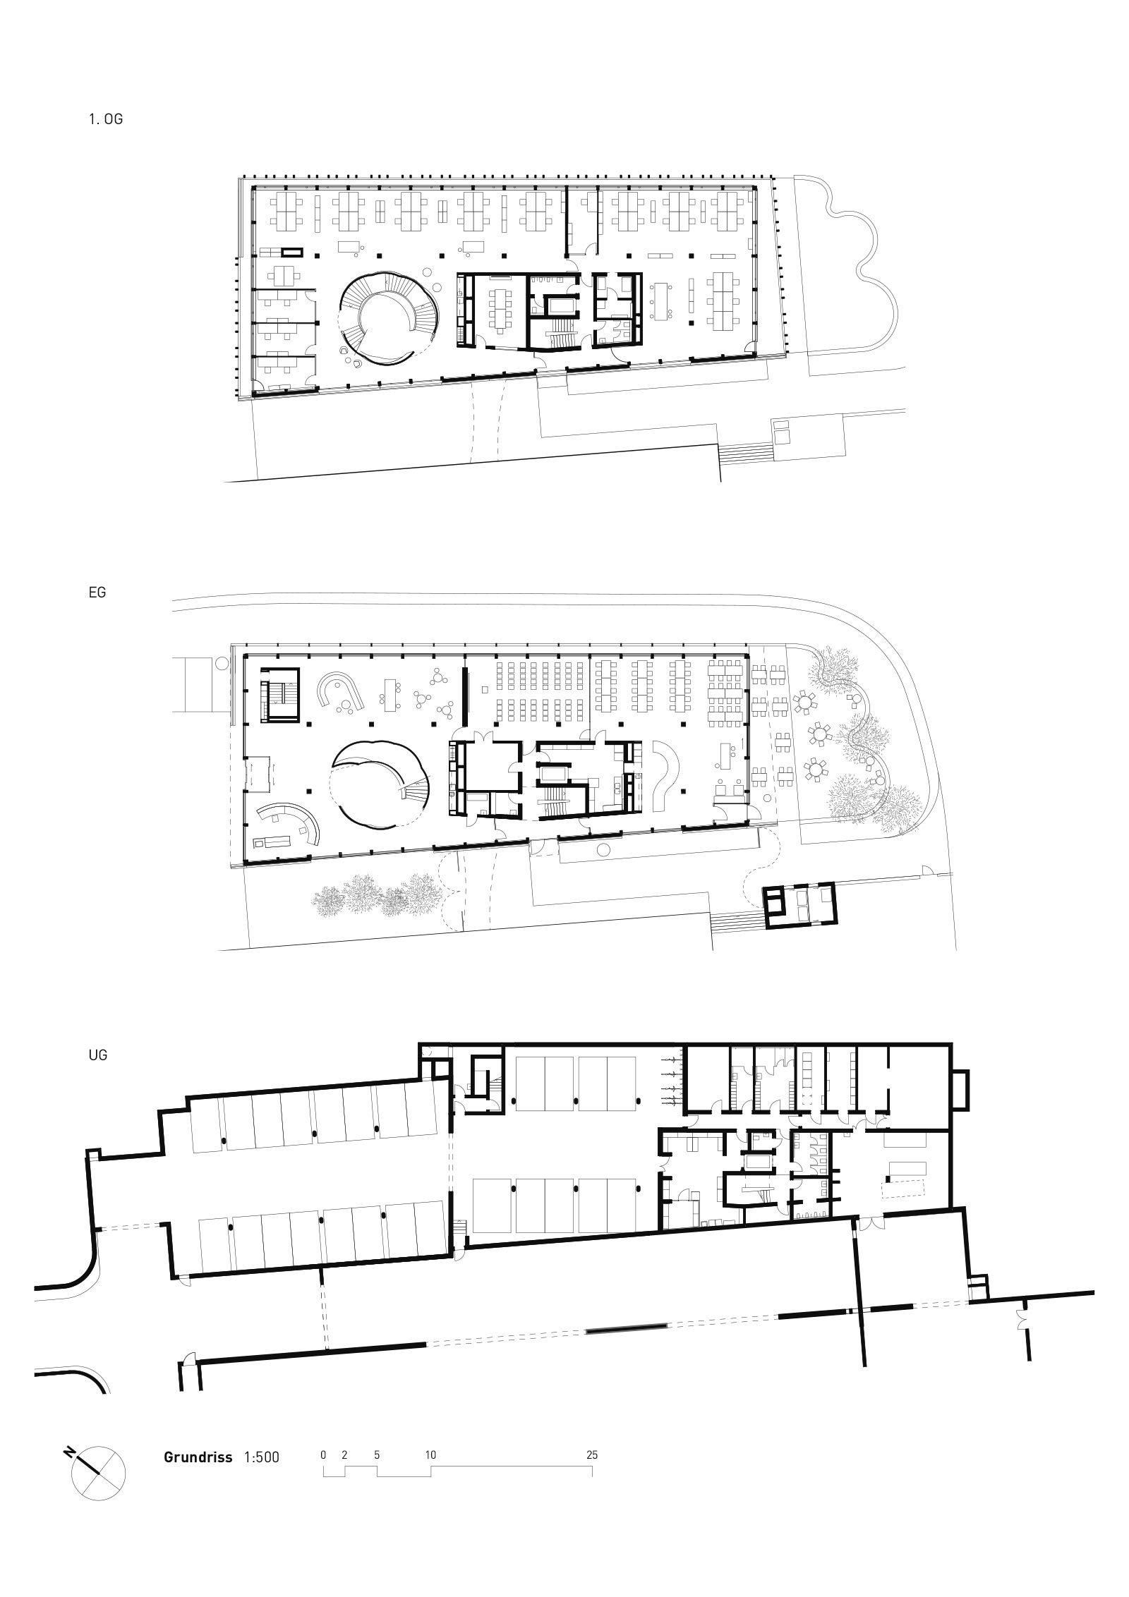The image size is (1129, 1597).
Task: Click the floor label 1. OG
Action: (x=106, y=119)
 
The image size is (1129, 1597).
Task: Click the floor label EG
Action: (x=97, y=593)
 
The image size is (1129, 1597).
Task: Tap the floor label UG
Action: (x=98, y=1056)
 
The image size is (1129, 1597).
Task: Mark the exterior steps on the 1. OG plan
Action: (x=745, y=451)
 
